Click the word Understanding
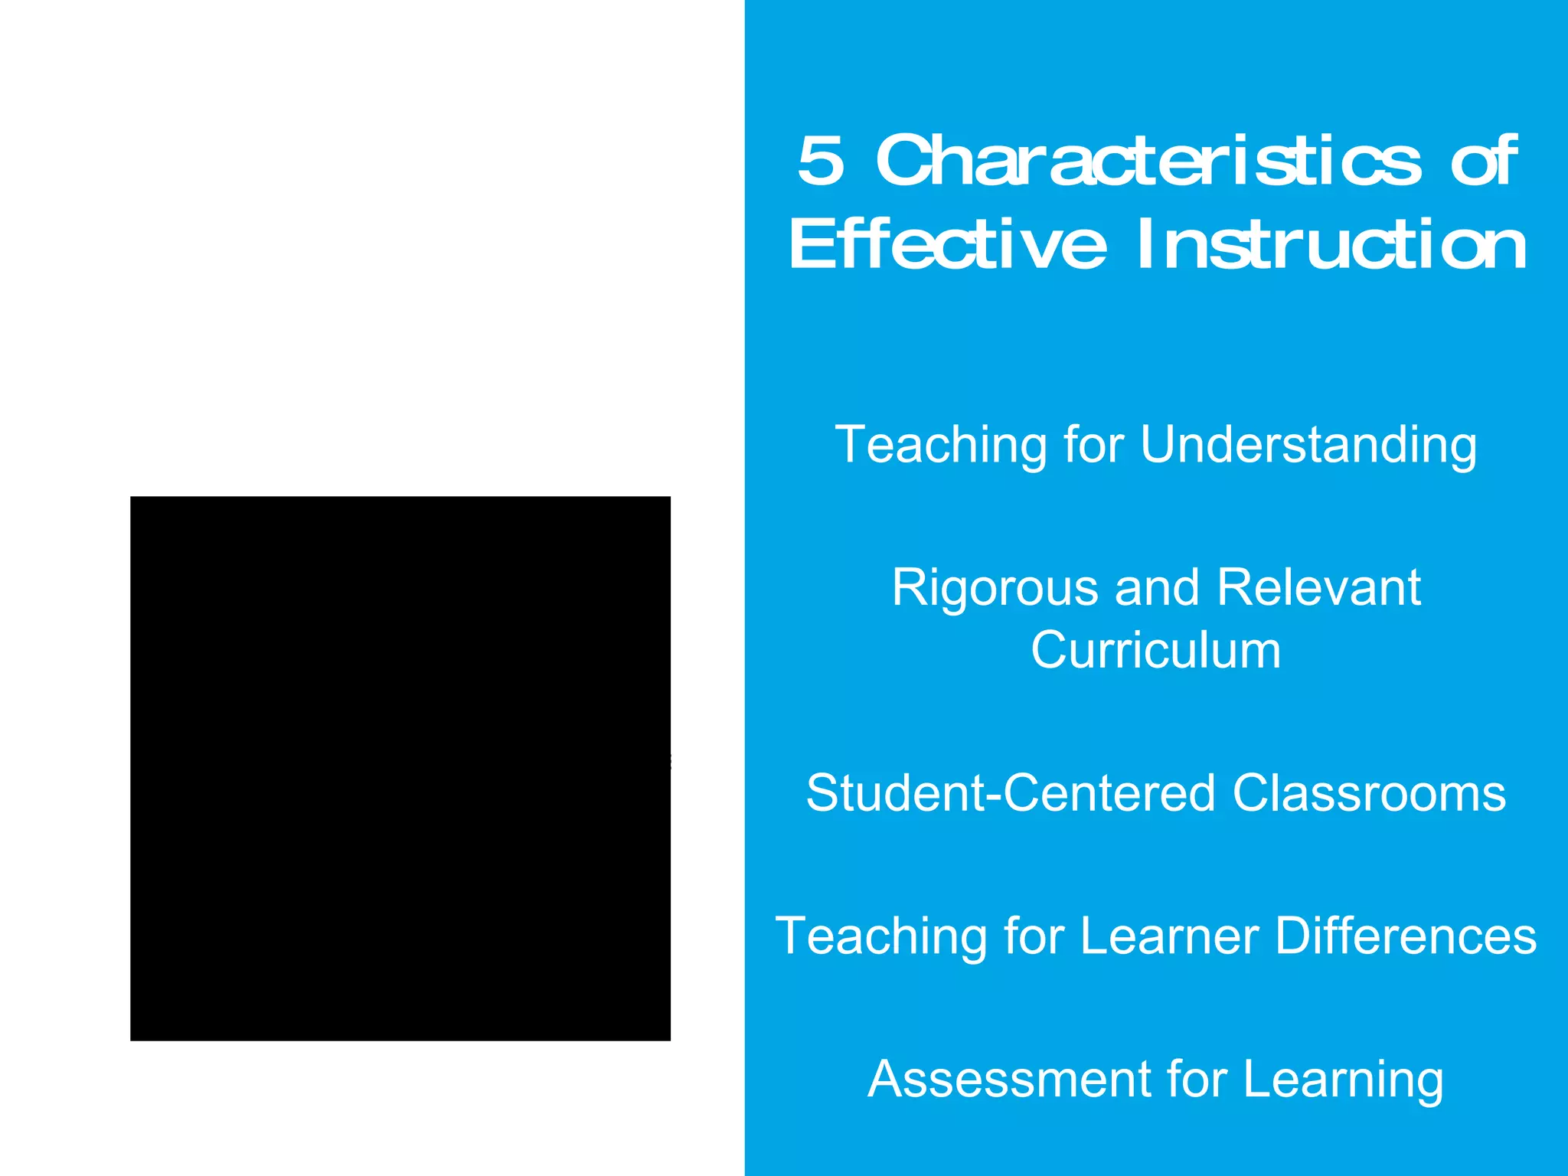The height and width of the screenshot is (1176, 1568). (x=1308, y=445)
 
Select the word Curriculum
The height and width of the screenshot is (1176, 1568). (x=1156, y=651)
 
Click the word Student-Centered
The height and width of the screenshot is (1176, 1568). (x=1010, y=793)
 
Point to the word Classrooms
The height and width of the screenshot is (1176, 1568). (x=1369, y=793)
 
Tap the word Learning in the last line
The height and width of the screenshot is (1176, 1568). (x=1343, y=1080)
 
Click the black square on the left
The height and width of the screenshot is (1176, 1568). (x=400, y=768)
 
